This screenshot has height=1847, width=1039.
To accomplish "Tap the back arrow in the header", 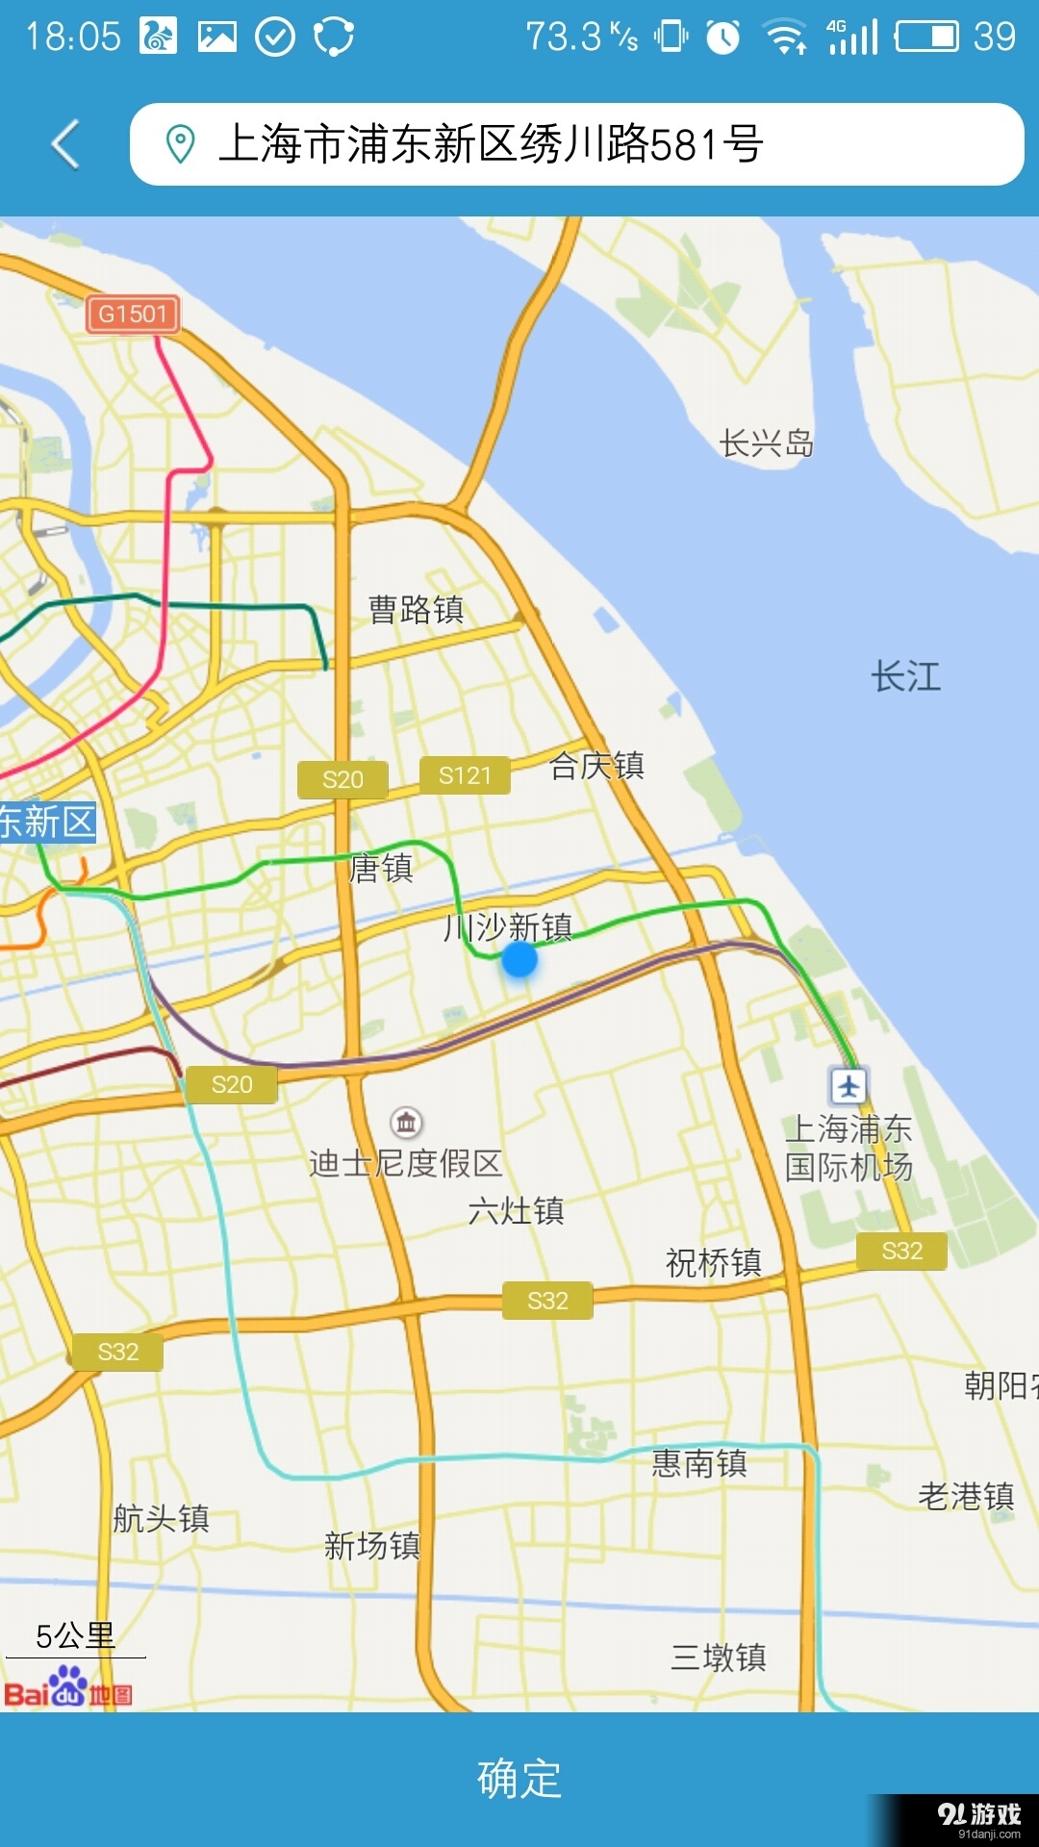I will [x=65, y=144].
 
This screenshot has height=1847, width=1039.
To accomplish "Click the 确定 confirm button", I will [x=519, y=1778].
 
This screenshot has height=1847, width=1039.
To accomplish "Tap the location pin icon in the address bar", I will [x=180, y=144].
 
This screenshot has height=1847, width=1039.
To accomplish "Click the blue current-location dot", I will [x=519, y=959].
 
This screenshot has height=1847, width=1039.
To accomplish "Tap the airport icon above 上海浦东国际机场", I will [x=849, y=1085].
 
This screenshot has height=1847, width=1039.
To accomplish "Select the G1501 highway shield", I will [x=133, y=314].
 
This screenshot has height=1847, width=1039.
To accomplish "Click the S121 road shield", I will [x=465, y=775].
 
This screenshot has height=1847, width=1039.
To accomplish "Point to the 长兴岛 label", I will [x=767, y=443].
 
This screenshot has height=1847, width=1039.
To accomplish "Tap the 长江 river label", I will [x=905, y=676].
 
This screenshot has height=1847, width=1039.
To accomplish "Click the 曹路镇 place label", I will [x=416, y=609].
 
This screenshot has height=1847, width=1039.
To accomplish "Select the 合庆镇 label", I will [x=596, y=766].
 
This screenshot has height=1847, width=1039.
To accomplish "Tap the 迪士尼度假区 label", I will [x=405, y=1163].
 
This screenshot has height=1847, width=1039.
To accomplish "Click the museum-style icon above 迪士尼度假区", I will [x=407, y=1122].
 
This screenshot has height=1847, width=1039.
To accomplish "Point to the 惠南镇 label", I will [x=699, y=1463].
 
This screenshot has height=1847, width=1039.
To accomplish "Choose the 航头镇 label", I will [x=161, y=1518].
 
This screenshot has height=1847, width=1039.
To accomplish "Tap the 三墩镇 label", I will [x=719, y=1657].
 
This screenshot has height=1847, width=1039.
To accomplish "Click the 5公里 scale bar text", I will [x=75, y=1635].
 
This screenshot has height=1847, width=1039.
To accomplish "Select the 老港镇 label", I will [x=966, y=1496].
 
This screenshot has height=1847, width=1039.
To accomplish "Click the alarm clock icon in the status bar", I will [x=723, y=38].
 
